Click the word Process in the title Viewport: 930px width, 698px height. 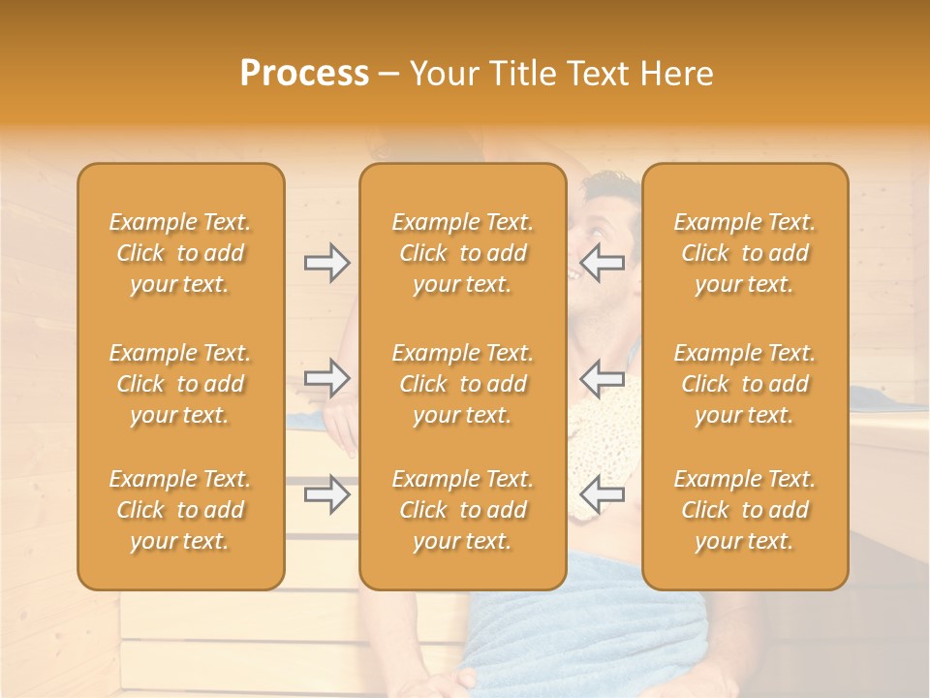[304, 74]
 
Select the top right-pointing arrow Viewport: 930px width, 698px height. [326, 263]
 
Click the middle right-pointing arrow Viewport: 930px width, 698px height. [326, 378]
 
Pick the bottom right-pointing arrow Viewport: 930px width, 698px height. [326, 494]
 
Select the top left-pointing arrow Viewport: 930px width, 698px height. [602, 263]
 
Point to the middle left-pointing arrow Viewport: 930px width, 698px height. [602, 378]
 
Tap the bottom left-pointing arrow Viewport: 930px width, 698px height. [602, 494]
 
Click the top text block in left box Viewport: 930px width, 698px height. [180, 253]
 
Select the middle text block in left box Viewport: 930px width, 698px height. [180, 384]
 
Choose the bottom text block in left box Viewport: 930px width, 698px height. [180, 510]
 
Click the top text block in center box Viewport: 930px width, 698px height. [462, 253]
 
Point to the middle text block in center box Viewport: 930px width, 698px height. [462, 384]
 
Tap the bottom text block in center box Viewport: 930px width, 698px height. [462, 510]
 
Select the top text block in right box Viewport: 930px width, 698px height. [745, 253]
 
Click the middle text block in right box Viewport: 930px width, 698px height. [745, 384]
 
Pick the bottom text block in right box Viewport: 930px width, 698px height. [745, 510]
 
